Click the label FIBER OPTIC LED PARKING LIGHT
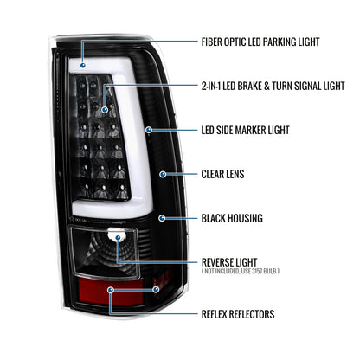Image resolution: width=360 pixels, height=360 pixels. coord(260,42)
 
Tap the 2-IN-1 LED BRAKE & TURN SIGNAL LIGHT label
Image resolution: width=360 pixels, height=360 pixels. coord(273,86)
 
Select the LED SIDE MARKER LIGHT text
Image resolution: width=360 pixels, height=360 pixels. coord(245,130)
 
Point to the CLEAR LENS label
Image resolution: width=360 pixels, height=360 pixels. coord(222,174)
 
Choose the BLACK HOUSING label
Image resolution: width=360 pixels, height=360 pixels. coord(232,218)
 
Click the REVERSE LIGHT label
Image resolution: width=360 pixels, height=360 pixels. coord(229,262)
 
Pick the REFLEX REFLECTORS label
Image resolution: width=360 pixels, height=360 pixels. coord(238,314)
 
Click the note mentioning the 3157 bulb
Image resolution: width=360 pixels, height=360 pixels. coord(241,271)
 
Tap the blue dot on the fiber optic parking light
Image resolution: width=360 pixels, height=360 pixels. coord(83,66)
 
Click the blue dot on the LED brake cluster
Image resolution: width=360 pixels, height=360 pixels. coord(105,110)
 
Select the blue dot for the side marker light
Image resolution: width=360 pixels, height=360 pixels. coord(149,130)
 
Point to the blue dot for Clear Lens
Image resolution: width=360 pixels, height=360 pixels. coord(163,174)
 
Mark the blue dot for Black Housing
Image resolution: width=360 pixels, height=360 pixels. coord(162,218)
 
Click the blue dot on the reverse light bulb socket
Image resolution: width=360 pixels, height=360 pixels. coord(118,238)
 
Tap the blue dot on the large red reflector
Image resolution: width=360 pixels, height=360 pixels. coord(111,290)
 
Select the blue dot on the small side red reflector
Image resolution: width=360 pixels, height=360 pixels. coord(156,289)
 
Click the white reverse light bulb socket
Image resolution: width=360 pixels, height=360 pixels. coord(117,235)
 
